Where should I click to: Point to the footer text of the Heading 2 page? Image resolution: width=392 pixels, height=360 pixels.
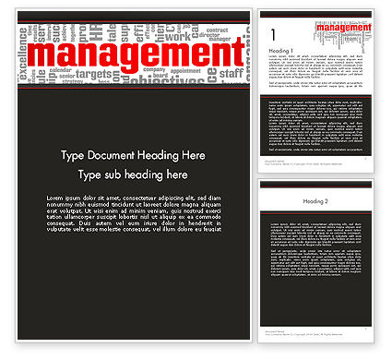(278, 333)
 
